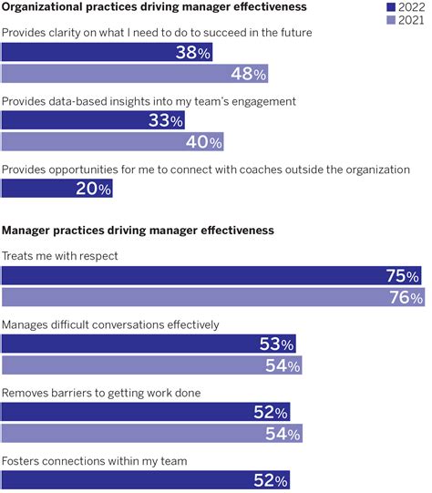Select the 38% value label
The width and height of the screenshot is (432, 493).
[x=193, y=53]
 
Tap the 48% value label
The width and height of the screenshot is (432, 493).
[x=248, y=74]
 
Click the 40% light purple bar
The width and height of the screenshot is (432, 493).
[x=112, y=141]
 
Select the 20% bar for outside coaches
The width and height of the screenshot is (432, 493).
[x=57, y=189]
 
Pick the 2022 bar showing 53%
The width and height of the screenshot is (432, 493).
[x=148, y=344]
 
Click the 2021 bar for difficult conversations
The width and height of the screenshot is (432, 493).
[x=151, y=365]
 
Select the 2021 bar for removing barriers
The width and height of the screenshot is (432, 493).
[x=151, y=433]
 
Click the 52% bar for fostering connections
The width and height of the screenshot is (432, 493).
[x=146, y=479]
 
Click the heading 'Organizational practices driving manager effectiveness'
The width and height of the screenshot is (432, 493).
[x=153, y=8]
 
